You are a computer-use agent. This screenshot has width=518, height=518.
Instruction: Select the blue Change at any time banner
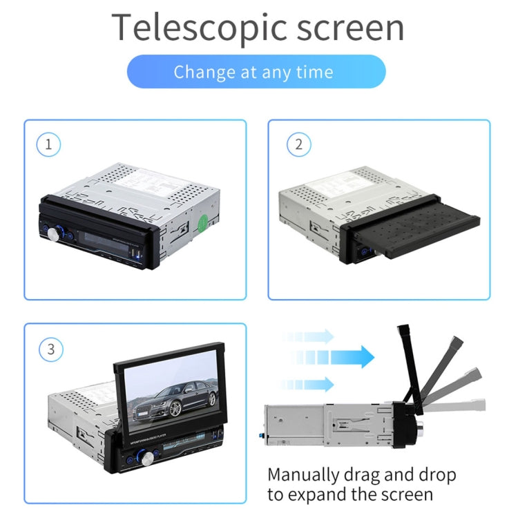pyautogui.click(x=256, y=72)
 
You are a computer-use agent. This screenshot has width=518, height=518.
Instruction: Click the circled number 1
pyautogui.click(x=48, y=144)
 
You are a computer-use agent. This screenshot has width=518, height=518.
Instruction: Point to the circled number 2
pyautogui.click(x=298, y=144)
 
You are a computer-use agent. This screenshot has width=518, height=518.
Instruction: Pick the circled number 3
pyautogui.click(x=50, y=349)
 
